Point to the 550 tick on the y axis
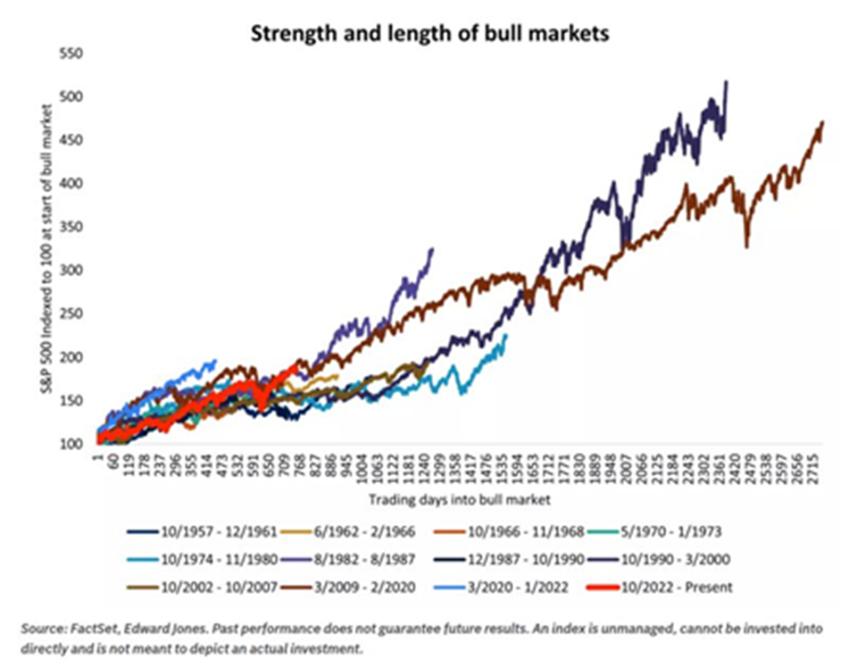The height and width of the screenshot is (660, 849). (71, 54)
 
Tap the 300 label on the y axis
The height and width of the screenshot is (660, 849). (71, 270)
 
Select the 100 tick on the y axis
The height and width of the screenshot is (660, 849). (71, 443)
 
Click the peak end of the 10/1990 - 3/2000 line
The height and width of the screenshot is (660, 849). (726, 82)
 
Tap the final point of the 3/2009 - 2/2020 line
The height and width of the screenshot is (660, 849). (821, 122)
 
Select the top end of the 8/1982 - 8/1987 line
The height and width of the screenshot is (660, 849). (432, 249)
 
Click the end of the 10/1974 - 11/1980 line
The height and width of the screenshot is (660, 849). (506, 335)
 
